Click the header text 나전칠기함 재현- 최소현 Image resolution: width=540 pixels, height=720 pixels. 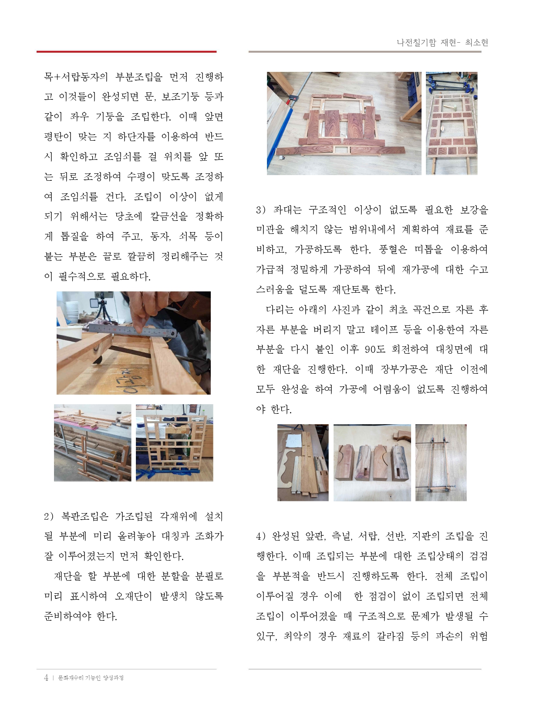coord(442,42)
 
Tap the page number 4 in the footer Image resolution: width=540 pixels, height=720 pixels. coord(46,677)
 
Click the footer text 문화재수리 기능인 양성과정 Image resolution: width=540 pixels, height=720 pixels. coord(91,678)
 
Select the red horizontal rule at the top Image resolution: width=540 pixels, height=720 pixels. coord(127,51)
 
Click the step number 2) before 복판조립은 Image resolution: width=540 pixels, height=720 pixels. coord(49,517)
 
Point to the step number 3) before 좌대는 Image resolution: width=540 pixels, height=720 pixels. coord(261,210)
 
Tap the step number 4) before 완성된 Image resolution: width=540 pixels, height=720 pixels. coord(261,536)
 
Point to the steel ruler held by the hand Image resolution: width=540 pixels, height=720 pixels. coord(133,330)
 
